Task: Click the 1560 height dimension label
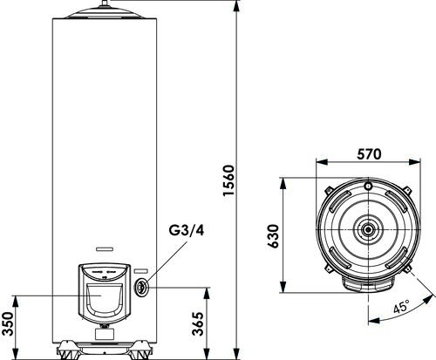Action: point(228,180)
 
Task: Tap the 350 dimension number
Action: point(8,323)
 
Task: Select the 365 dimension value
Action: point(198,323)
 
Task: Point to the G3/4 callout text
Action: point(187,230)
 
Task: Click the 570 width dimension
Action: point(369,154)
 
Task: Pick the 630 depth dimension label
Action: point(273,235)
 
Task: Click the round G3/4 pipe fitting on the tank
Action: point(141,287)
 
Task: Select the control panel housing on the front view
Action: point(105,293)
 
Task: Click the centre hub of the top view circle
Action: point(368,229)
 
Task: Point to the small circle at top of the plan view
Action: point(368,186)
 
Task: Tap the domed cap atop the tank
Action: point(105,13)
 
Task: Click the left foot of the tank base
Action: point(68,351)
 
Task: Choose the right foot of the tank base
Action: point(140,351)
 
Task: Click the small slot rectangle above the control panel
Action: point(105,249)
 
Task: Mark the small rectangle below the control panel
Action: point(105,334)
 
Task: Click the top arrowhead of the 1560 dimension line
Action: point(237,5)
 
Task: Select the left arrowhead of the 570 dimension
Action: point(322,162)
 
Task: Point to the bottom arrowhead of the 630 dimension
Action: point(283,287)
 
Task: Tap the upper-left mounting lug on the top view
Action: point(329,191)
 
